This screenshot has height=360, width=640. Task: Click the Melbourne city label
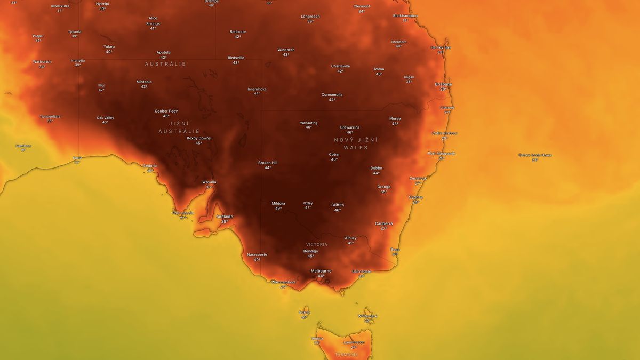(x=321, y=271)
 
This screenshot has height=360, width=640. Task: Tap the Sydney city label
(x=416, y=197)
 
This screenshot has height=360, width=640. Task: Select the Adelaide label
(x=225, y=217)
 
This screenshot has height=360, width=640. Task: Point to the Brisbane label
(x=443, y=84)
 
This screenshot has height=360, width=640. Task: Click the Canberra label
(x=383, y=223)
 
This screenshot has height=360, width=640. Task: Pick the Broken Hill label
(x=268, y=163)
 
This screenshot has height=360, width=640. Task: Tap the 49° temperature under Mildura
(x=278, y=209)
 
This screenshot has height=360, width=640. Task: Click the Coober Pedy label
(x=166, y=111)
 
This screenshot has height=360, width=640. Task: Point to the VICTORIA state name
(x=317, y=245)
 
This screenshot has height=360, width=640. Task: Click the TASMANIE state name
(x=347, y=354)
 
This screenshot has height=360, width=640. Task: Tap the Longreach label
(x=310, y=17)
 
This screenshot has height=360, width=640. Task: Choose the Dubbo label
(x=377, y=168)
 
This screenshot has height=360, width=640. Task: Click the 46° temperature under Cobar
(x=334, y=159)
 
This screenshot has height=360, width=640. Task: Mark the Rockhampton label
(x=405, y=15)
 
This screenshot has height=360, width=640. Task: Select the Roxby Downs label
(x=198, y=138)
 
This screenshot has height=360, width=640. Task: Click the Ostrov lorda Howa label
(x=535, y=155)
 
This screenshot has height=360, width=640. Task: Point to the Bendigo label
(x=311, y=251)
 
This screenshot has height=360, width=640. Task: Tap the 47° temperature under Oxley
(x=308, y=207)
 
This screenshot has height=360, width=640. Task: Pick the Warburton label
(x=42, y=62)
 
